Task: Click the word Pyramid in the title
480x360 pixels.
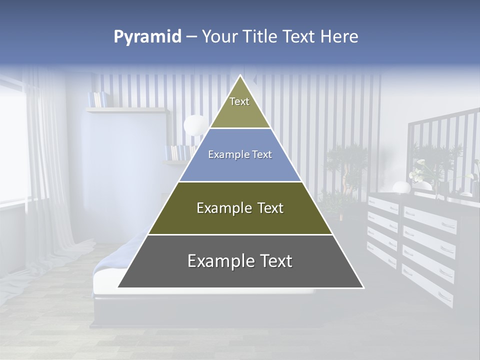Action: click(x=147, y=37)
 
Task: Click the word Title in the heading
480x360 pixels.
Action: click(x=260, y=37)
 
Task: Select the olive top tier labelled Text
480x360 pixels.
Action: click(x=239, y=107)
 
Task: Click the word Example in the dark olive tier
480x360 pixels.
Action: click(x=218, y=208)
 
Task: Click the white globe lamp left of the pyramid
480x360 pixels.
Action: click(x=194, y=125)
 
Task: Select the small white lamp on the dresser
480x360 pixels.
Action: click(x=401, y=187)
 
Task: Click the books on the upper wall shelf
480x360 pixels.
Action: click(x=97, y=99)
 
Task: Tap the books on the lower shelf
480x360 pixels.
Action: click(x=179, y=152)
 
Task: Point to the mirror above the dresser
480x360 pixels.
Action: click(x=440, y=150)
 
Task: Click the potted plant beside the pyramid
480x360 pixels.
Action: click(x=345, y=170)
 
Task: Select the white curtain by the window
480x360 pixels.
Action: click(x=47, y=165)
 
